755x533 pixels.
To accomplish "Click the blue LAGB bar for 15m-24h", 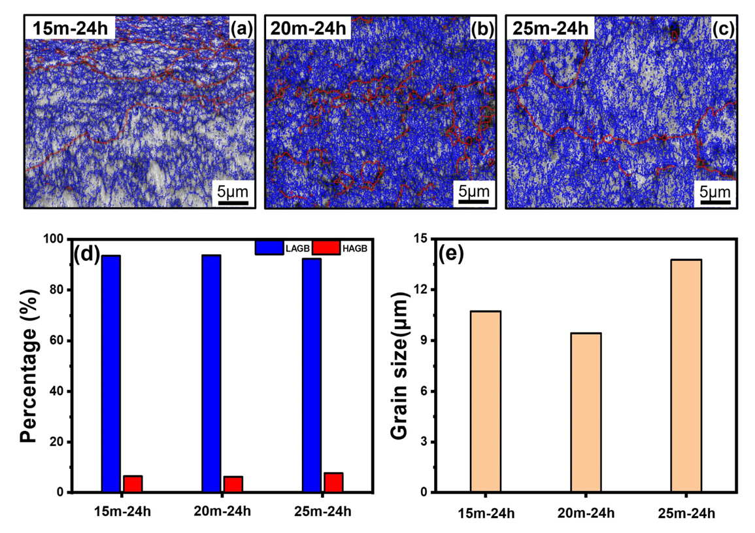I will click(111, 373).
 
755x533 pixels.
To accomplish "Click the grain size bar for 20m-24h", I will click(586, 412).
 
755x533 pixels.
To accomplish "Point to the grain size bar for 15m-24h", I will click(486, 402).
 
